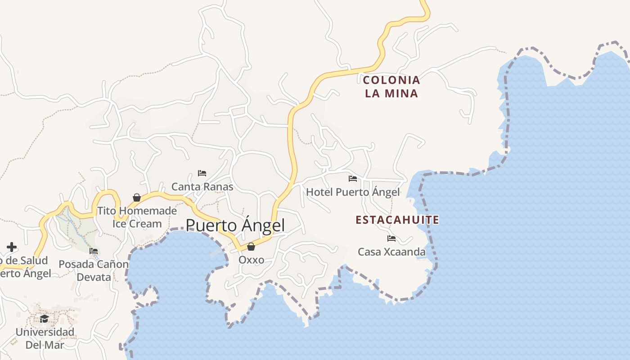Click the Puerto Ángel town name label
point(235,225)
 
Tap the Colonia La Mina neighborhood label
point(391,87)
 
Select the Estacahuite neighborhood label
point(397,220)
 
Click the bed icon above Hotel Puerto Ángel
point(353,179)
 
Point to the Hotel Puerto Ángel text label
point(353,192)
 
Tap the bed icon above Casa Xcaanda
point(391,238)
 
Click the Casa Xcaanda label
point(391,252)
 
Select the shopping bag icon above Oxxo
point(251,247)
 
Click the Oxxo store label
point(251,260)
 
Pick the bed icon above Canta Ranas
point(202,173)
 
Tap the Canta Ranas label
point(202,186)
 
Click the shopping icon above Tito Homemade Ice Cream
point(137,198)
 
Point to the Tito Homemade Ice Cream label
point(137,217)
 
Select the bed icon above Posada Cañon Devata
point(94,251)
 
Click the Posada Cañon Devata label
point(94,270)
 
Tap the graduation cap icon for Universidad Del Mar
point(44,319)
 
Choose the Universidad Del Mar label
point(45,338)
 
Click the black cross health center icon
point(12,247)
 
